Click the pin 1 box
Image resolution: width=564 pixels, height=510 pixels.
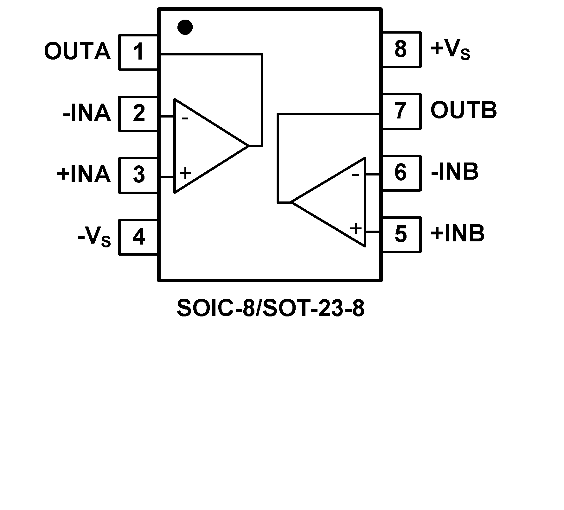[138, 52]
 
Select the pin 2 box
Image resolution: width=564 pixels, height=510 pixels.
[138, 113]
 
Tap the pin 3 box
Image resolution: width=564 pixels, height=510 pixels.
[138, 175]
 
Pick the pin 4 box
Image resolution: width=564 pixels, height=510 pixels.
[138, 237]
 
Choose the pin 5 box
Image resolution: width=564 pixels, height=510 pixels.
[401, 234]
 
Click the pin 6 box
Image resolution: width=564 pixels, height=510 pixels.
[401, 173]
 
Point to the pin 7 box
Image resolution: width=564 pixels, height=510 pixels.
[401, 111]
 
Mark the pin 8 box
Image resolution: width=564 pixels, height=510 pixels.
[401, 49]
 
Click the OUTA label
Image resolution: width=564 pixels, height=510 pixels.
[77, 51]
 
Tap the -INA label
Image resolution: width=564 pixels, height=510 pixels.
[87, 113]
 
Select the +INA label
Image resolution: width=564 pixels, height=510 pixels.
[84, 175]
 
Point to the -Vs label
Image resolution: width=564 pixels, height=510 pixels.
[94, 237]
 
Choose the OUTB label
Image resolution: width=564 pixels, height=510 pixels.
[464, 111]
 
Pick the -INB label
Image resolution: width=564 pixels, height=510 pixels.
[455, 172]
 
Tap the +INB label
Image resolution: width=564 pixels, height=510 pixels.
[458, 234]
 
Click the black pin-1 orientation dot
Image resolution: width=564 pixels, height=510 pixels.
[185, 27]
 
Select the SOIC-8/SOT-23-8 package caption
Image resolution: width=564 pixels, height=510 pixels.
[271, 308]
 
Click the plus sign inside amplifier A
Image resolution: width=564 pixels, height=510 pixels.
[185, 173]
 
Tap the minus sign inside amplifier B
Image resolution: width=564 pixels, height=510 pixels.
[356, 175]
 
